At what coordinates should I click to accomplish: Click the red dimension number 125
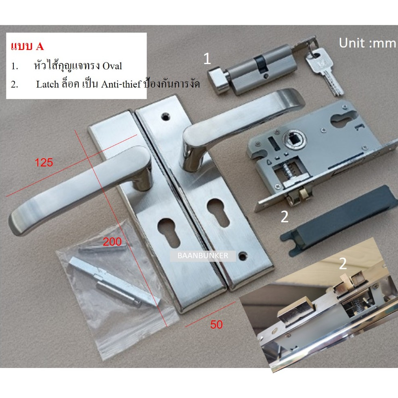click(44, 162)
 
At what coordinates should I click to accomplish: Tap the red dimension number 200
click(112, 242)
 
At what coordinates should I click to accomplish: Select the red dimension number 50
click(216, 325)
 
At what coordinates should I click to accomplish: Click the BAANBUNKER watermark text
click(203, 256)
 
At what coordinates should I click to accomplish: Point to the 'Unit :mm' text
click(368, 43)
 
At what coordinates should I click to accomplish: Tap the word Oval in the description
click(112, 66)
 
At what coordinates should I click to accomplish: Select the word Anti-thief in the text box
click(121, 84)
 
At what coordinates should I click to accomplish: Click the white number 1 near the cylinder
click(207, 59)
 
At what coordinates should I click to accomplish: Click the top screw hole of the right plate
click(166, 116)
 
